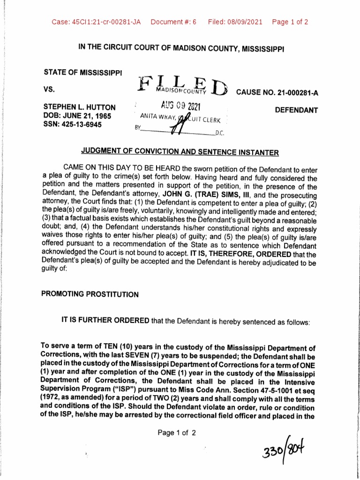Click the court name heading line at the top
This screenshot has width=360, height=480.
click(x=180, y=48)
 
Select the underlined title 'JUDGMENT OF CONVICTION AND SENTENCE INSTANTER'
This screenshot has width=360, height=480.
click(x=180, y=152)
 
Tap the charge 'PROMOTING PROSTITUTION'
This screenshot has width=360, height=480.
click(x=90, y=294)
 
